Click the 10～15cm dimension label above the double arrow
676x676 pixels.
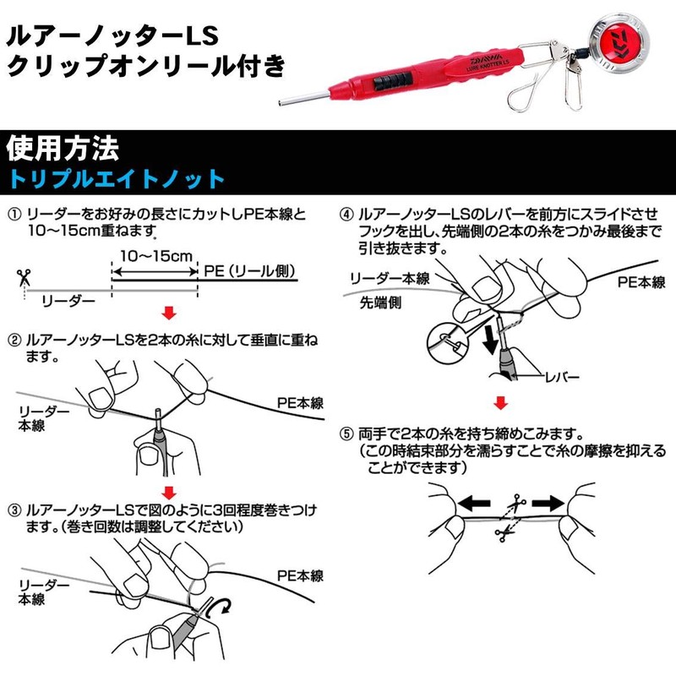(155, 255)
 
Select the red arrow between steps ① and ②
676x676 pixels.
(170, 314)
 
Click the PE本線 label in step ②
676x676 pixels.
(300, 404)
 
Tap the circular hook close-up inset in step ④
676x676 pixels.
(447, 341)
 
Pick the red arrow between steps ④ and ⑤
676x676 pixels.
(501, 401)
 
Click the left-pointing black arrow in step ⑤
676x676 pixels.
(476, 503)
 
